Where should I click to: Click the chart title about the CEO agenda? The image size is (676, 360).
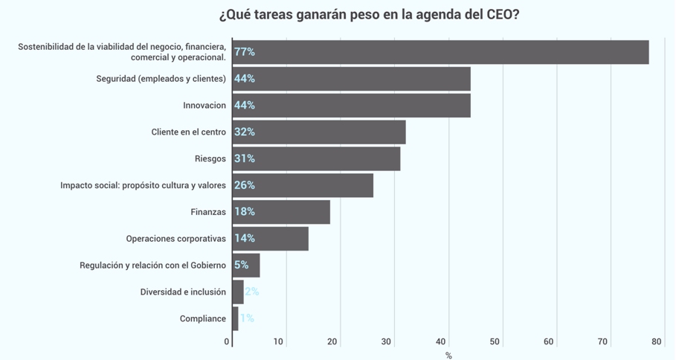pyautogui.click(x=369, y=15)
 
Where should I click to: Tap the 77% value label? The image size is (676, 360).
pyautogui.click(x=245, y=52)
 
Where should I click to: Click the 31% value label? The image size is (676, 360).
pyautogui.click(x=245, y=158)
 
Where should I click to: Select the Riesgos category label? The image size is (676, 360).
pyautogui.click(x=210, y=158)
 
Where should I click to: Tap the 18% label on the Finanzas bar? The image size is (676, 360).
pyautogui.click(x=245, y=212)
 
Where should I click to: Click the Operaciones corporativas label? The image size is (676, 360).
pyautogui.click(x=176, y=239)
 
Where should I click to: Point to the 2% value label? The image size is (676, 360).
pyautogui.click(x=252, y=292)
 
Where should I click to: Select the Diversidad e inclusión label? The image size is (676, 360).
pyautogui.click(x=183, y=292)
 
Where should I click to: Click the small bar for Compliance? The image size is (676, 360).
pyautogui.click(x=236, y=318)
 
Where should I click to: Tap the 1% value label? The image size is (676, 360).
pyautogui.click(x=247, y=318)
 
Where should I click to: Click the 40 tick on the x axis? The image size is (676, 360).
pyautogui.click(x=440, y=342)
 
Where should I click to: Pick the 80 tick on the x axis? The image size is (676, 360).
pyautogui.click(x=656, y=342)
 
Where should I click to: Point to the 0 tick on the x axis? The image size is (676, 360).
pyautogui.click(x=227, y=342)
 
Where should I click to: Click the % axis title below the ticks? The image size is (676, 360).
pyautogui.click(x=448, y=356)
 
